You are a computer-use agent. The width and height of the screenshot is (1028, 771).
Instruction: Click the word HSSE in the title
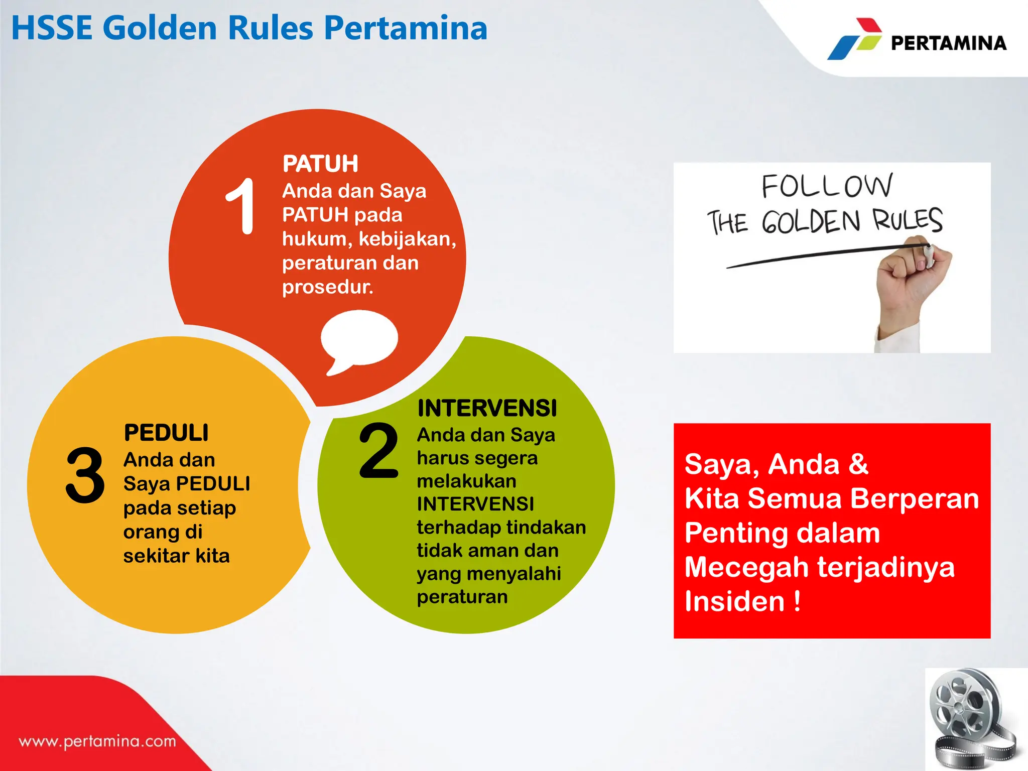[x=52, y=28]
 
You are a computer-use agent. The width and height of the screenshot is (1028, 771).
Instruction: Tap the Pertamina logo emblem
[x=855, y=39]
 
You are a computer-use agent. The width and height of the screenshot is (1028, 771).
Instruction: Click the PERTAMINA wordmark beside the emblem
[x=949, y=43]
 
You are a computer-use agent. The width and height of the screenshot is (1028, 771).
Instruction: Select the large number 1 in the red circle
[x=240, y=206]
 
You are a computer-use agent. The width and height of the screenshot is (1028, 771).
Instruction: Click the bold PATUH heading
[x=320, y=164]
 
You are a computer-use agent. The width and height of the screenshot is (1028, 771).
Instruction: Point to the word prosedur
[x=327, y=287]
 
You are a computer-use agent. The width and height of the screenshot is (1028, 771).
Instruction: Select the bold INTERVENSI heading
[x=487, y=408]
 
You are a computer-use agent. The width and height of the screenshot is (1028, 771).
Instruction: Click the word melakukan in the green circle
[x=466, y=481]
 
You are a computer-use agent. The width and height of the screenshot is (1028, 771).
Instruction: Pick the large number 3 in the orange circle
[x=85, y=475]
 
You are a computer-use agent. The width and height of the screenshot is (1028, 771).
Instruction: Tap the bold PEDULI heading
[x=166, y=433]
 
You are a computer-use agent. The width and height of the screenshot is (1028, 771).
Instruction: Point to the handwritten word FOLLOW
[x=827, y=186]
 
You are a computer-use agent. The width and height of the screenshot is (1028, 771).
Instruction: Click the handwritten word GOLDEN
[x=811, y=222]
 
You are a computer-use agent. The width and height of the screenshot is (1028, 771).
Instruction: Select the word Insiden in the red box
[x=734, y=601]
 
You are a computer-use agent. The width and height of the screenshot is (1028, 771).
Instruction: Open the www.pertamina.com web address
[x=97, y=741]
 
